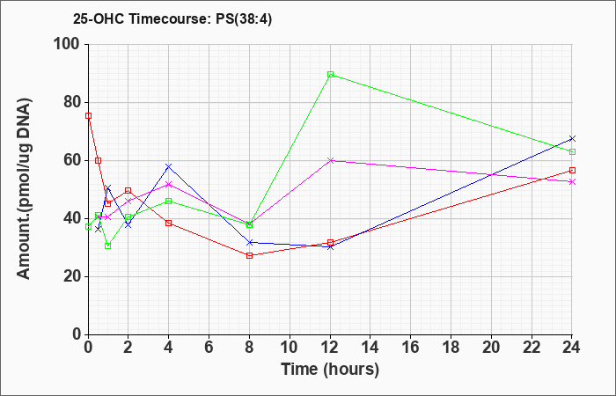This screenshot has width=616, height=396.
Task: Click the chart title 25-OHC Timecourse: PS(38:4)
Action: click(x=172, y=18)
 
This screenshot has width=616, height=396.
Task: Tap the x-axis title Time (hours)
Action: click(x=330, y=370)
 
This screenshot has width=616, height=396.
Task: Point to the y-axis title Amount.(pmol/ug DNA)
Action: click(x=24, y=189)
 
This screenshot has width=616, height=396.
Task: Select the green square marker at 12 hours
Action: click(x=330, y=75)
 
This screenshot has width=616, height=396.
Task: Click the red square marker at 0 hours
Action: click(x=88, y=116)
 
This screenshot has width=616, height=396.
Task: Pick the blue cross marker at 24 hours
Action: click(x=572, y=139)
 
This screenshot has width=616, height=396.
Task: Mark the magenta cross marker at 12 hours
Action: click(x=330, y=160)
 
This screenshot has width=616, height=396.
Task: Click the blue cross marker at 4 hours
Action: click(x=169, y=166)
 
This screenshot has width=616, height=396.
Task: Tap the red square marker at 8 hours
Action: click(x=249, y=256)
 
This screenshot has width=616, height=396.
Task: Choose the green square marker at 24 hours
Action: click(x=572, y=151)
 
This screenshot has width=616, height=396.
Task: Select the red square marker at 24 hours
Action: click(x=572, y=170)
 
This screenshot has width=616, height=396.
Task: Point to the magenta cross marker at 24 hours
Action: click(x=572, y=181)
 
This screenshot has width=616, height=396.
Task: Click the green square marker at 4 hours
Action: click(x=169, y=202)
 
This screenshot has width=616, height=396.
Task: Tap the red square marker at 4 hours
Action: click(x=169, y=224)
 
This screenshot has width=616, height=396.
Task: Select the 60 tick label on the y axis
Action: click(x=73, y=160)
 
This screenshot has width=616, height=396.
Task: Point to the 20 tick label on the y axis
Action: click(x=73, y=276)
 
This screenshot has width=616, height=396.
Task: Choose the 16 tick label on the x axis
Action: click(x=411, y=348)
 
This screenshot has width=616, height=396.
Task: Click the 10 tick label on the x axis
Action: click(x=290, y=348)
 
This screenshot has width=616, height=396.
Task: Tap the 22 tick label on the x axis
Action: click(x=532, y=348)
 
